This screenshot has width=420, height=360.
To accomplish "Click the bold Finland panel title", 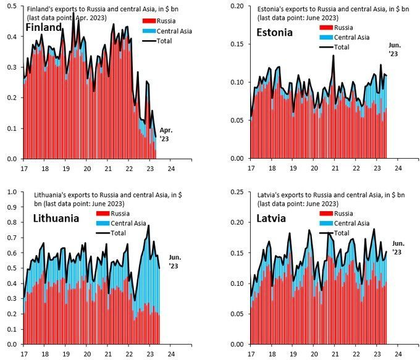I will [x=44, y=28].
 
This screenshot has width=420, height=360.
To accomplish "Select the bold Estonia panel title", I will [x=274, y=32].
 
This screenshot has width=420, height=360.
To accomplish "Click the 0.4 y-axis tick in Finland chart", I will [x=12, y=37].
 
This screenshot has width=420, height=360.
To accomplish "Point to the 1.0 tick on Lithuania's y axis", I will [x=12, y=192].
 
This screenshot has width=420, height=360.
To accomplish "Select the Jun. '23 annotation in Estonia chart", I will [x=394, y=49].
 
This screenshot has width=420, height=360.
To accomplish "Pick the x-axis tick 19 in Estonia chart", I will [x=293, y=168].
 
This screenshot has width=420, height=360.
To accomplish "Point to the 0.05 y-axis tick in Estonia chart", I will [x=237, y=120].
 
